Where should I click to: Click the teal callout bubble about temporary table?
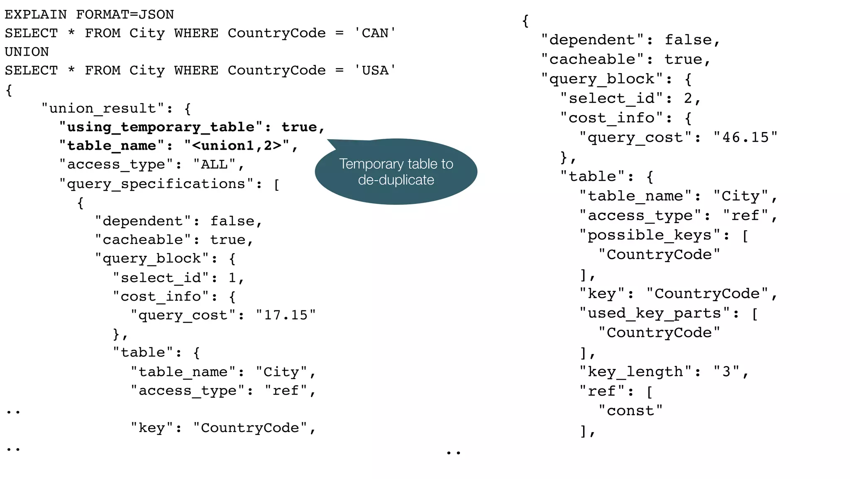point(396,172)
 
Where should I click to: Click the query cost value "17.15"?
point(286,315)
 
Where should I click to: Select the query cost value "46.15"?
point(745,137)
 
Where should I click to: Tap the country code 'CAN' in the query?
point(375,33)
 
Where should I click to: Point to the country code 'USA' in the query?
point(375,71)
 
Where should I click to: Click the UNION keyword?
point(27,52)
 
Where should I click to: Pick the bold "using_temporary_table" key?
point(161,127)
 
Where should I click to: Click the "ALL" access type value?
point(214,165)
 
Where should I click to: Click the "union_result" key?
point(103,108)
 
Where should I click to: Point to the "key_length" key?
point(635,371)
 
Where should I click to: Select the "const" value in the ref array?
point(630,410)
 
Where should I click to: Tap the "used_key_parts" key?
point(655,313)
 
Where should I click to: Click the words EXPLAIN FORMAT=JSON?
point(89,15)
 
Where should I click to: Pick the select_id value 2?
point(688,98)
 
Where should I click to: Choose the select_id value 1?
point(232,278)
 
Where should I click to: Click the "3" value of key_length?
point(726,371)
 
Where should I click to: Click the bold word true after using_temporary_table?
point(299,127)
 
